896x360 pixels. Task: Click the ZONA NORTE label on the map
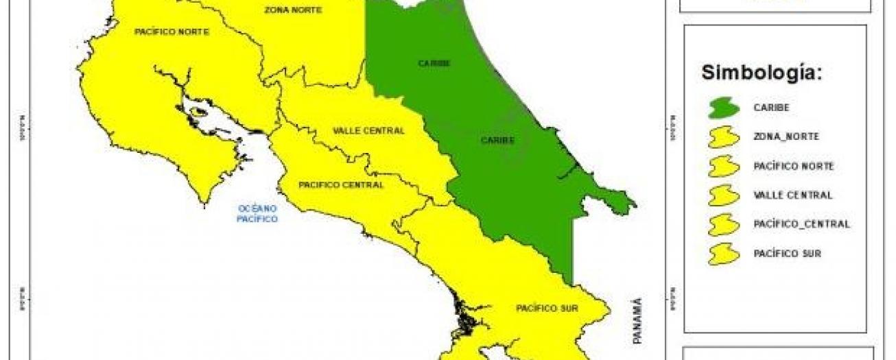click(x=293, y=10)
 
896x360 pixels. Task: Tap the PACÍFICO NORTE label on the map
click(x=172, y=32)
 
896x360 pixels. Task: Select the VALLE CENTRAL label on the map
click(x=368, y=131)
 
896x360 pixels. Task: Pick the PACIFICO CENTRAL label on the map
click(x=341, y=185)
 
